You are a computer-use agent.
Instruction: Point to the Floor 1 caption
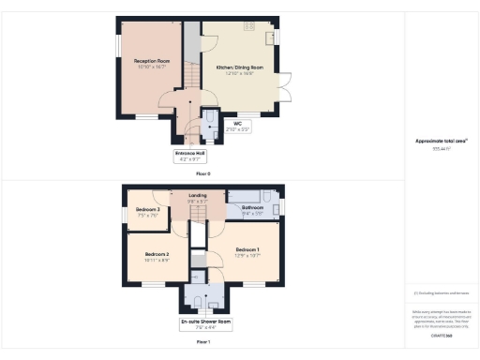click(203, 344)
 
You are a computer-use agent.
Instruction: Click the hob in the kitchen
click(249, 25)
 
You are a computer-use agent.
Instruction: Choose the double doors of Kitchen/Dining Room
click(284, 93)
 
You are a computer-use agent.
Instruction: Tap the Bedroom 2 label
click(157, 256)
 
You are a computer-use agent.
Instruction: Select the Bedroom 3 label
click(147, 211)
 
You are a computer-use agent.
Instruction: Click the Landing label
click(197, 198)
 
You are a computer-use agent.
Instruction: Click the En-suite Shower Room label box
click(204, 324)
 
